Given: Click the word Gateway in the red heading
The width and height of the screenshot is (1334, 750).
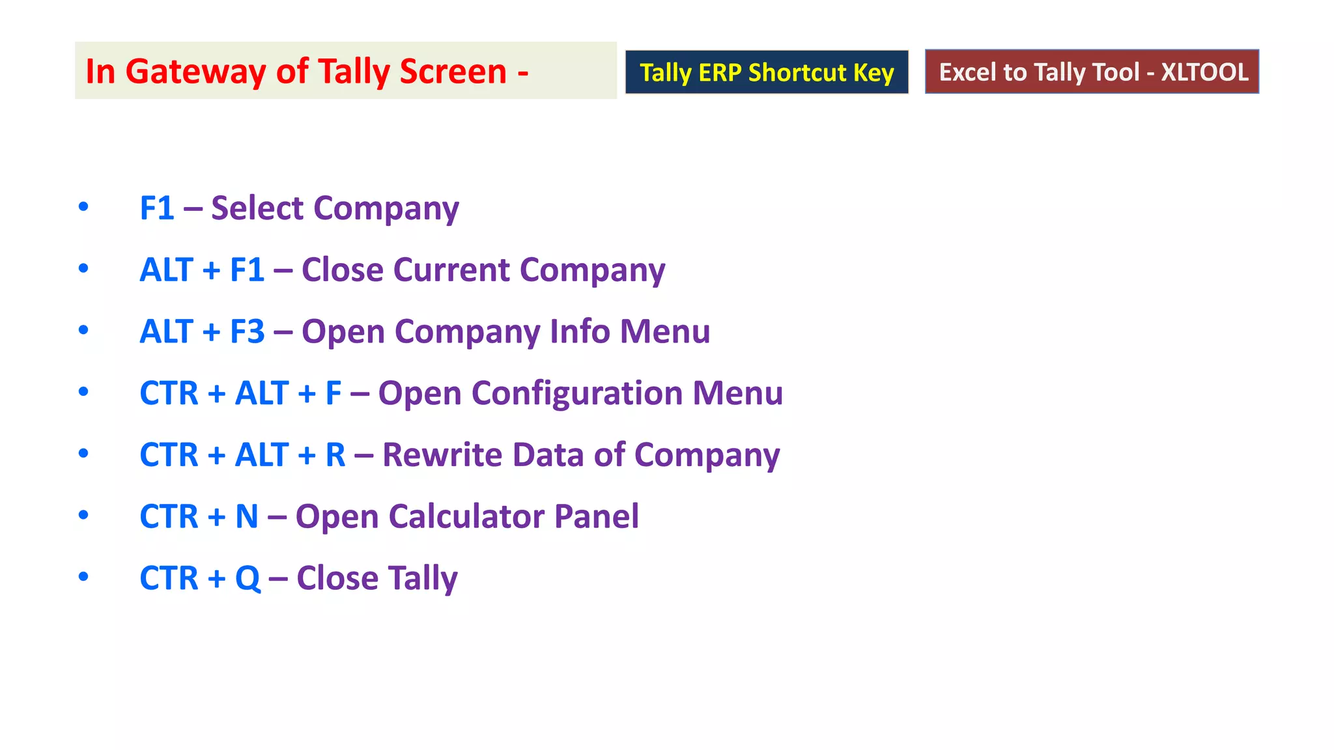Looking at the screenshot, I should [x=195, y=72].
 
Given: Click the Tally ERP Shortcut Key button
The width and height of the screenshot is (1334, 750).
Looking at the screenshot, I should [x=767, y=72].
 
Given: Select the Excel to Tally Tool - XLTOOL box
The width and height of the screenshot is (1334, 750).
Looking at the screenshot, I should [x=1092, y=72].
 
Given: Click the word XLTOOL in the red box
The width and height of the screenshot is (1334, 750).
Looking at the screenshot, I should [x=1204, y=72].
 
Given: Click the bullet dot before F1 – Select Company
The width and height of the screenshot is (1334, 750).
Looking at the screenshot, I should [x=83, y=207].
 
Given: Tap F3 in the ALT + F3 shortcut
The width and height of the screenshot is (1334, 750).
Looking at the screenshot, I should [x=248, y=331].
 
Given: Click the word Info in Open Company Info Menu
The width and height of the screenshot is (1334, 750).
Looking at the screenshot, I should [x=580, y=331].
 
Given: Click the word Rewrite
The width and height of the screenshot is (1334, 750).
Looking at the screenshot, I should [x=442, y=454].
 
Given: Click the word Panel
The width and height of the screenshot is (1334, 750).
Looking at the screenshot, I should [x=596, y=516].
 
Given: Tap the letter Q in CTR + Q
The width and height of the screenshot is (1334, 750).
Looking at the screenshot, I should [x=248, y=578].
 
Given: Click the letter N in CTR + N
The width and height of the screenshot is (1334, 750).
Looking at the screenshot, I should [x=247, y=516].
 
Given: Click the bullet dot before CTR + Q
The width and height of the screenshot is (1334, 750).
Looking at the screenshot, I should [x=83, y=577].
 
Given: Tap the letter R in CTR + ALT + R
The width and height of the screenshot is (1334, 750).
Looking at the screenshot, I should [x=335, y=454].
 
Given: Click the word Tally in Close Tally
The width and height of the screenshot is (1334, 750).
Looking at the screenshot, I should [x=423, y=578].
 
